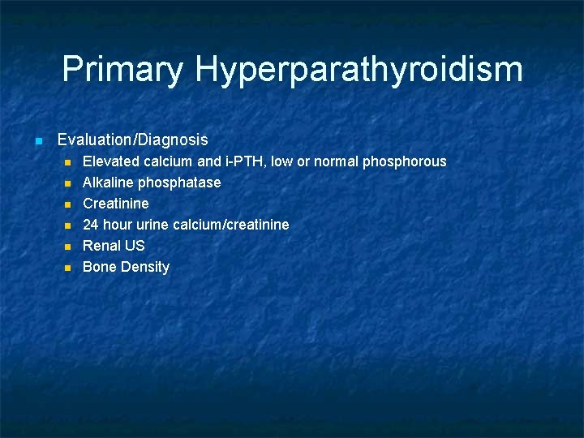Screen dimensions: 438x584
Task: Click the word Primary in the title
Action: click(122, 70)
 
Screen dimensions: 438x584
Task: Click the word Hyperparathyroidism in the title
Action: click(359, 70)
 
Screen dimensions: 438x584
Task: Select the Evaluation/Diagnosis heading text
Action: click(132, 140)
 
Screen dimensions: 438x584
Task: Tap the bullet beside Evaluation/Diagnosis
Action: click(37, 141)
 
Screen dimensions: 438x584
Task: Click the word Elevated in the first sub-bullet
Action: click(111, 161)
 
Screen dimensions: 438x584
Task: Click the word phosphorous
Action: click(404, 161)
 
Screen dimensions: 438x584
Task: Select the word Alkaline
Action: click(108, 182)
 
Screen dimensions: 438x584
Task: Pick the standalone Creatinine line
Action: click(116, 204)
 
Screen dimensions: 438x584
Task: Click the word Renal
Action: click(101, 246)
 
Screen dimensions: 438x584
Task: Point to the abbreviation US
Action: click(135, 246)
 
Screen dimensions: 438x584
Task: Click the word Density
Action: click(145, 267)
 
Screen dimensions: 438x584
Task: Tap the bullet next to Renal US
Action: click(68, 247)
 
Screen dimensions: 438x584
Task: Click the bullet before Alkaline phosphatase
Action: click(68, 183)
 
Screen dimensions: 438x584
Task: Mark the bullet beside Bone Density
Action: click(68, 268)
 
